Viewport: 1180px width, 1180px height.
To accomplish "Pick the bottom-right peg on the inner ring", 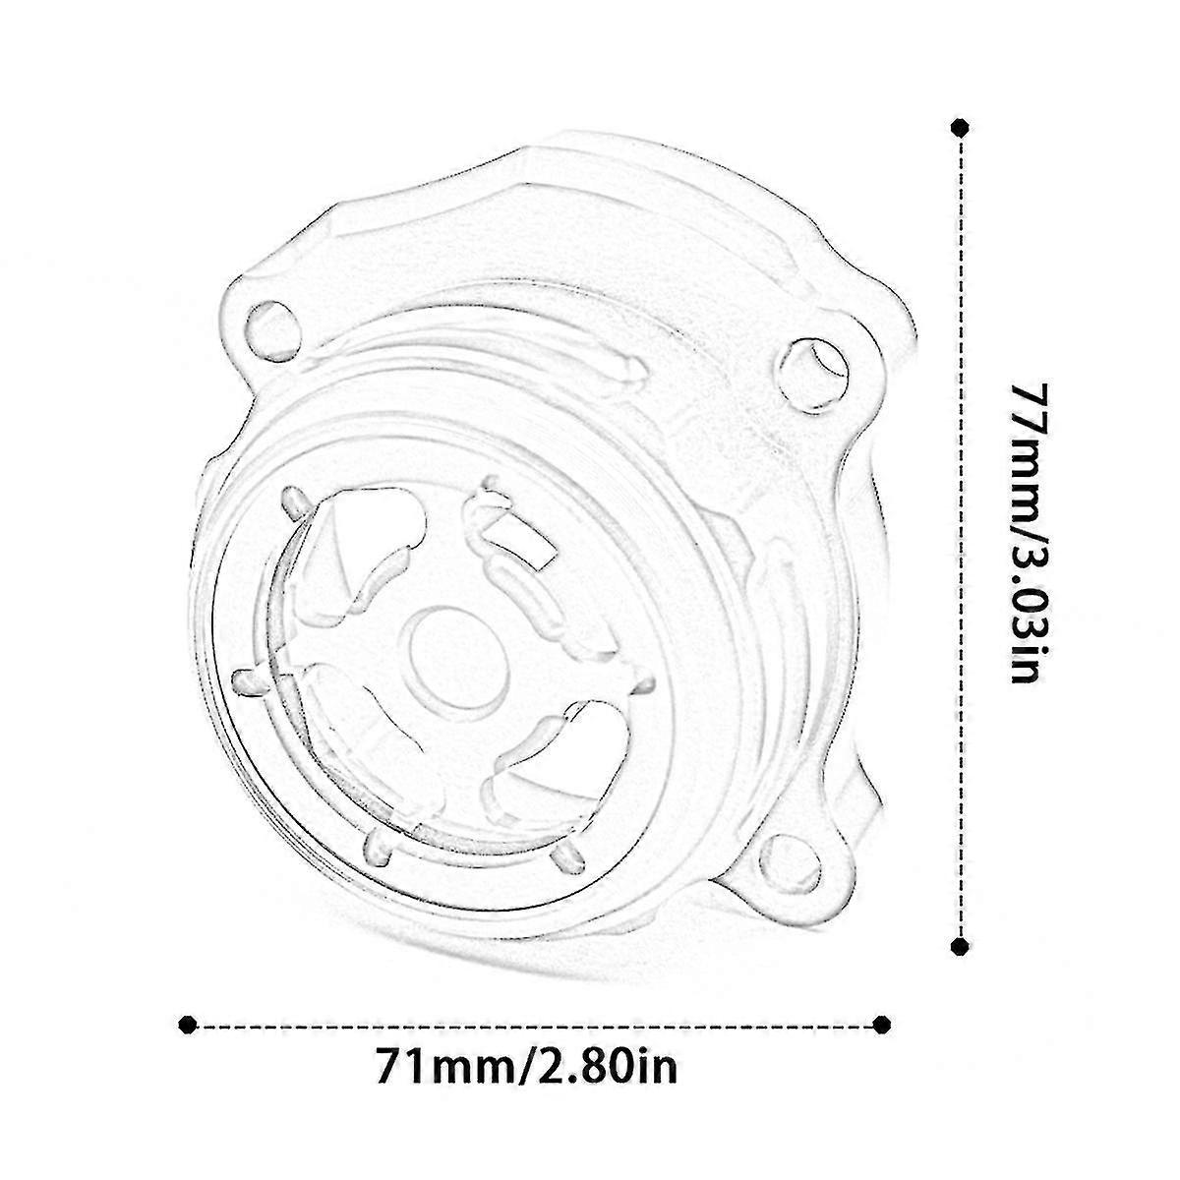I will coord(565,860).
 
